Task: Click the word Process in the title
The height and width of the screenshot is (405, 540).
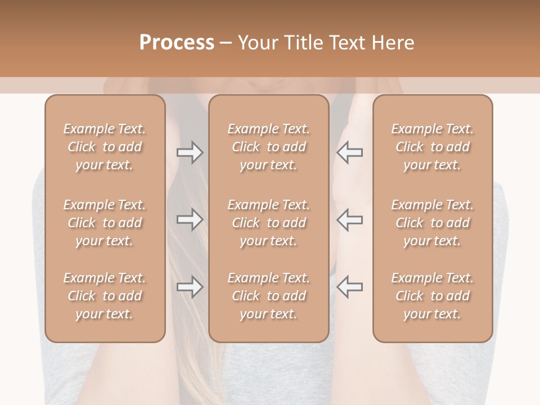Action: tap(177, 43)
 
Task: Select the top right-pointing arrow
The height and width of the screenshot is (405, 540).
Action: tap(190, 152)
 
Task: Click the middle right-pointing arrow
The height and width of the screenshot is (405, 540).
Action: tap(190, 219)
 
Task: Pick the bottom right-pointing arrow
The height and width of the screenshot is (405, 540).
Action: tap(190, 287)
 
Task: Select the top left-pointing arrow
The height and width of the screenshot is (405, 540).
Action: tap(350, 152)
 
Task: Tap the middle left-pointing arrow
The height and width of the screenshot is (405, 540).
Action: tap(350, 219)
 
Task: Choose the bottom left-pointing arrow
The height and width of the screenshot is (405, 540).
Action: tap(350, 287)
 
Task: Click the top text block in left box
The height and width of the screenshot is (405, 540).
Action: tap(105, 147)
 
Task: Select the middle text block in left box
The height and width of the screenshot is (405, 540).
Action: tap(105, 223)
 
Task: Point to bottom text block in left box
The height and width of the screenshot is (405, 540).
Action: tap(105, 296)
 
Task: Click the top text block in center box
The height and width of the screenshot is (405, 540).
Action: tap(269, 147)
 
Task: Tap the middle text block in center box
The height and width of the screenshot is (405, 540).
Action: tap(269, 223)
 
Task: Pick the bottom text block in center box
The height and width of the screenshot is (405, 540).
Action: tap(269, 296)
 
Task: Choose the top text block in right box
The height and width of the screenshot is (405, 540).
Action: tap(433, 147)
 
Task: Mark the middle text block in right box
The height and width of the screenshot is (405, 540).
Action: tap(433, 223)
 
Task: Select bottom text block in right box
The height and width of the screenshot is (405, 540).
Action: tap(433, 296)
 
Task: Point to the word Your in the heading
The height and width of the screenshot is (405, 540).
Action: tap(258, 43)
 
